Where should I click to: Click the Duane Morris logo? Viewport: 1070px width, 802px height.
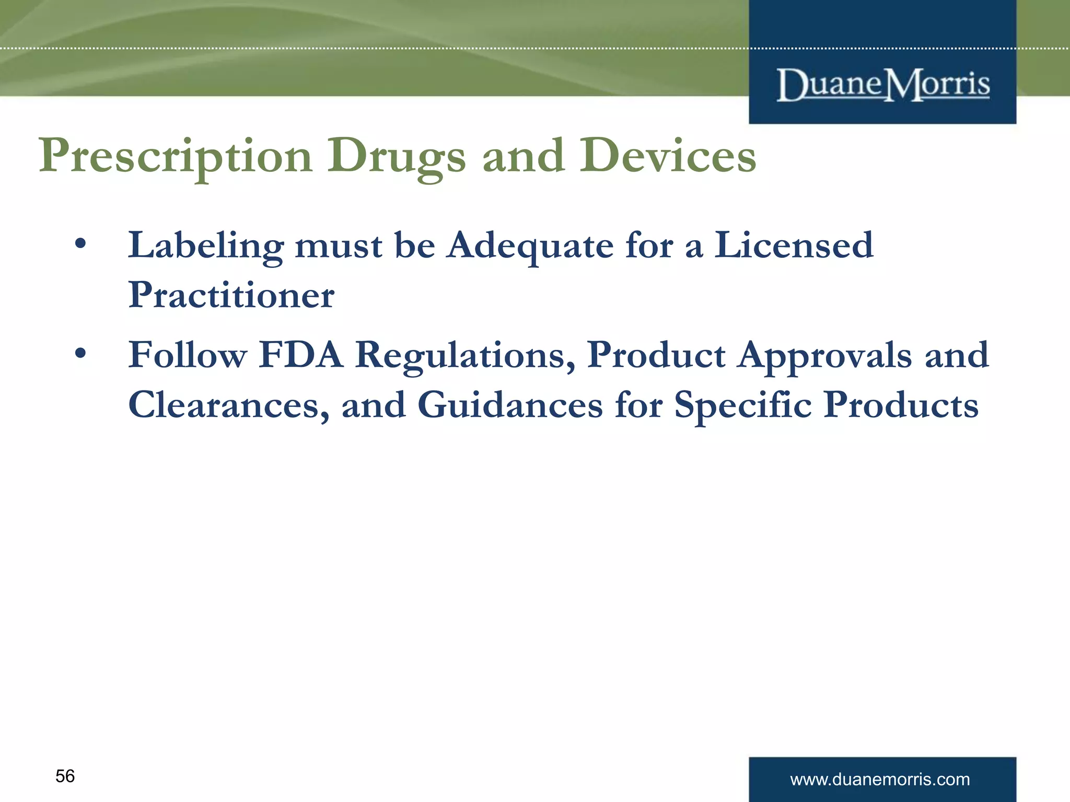883,85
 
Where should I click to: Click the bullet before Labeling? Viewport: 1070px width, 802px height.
80,244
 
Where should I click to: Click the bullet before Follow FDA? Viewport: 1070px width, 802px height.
80,353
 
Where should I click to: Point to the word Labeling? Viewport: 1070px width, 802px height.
206,245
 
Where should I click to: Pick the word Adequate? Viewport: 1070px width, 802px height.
530,245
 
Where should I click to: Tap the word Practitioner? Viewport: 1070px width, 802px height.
231,294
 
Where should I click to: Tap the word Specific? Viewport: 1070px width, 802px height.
743,405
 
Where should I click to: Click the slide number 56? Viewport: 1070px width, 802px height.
65,776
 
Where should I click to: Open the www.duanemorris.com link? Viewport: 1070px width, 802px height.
880,780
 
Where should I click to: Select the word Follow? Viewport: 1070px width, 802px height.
188,355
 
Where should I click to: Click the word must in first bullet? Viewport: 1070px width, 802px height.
339,245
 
